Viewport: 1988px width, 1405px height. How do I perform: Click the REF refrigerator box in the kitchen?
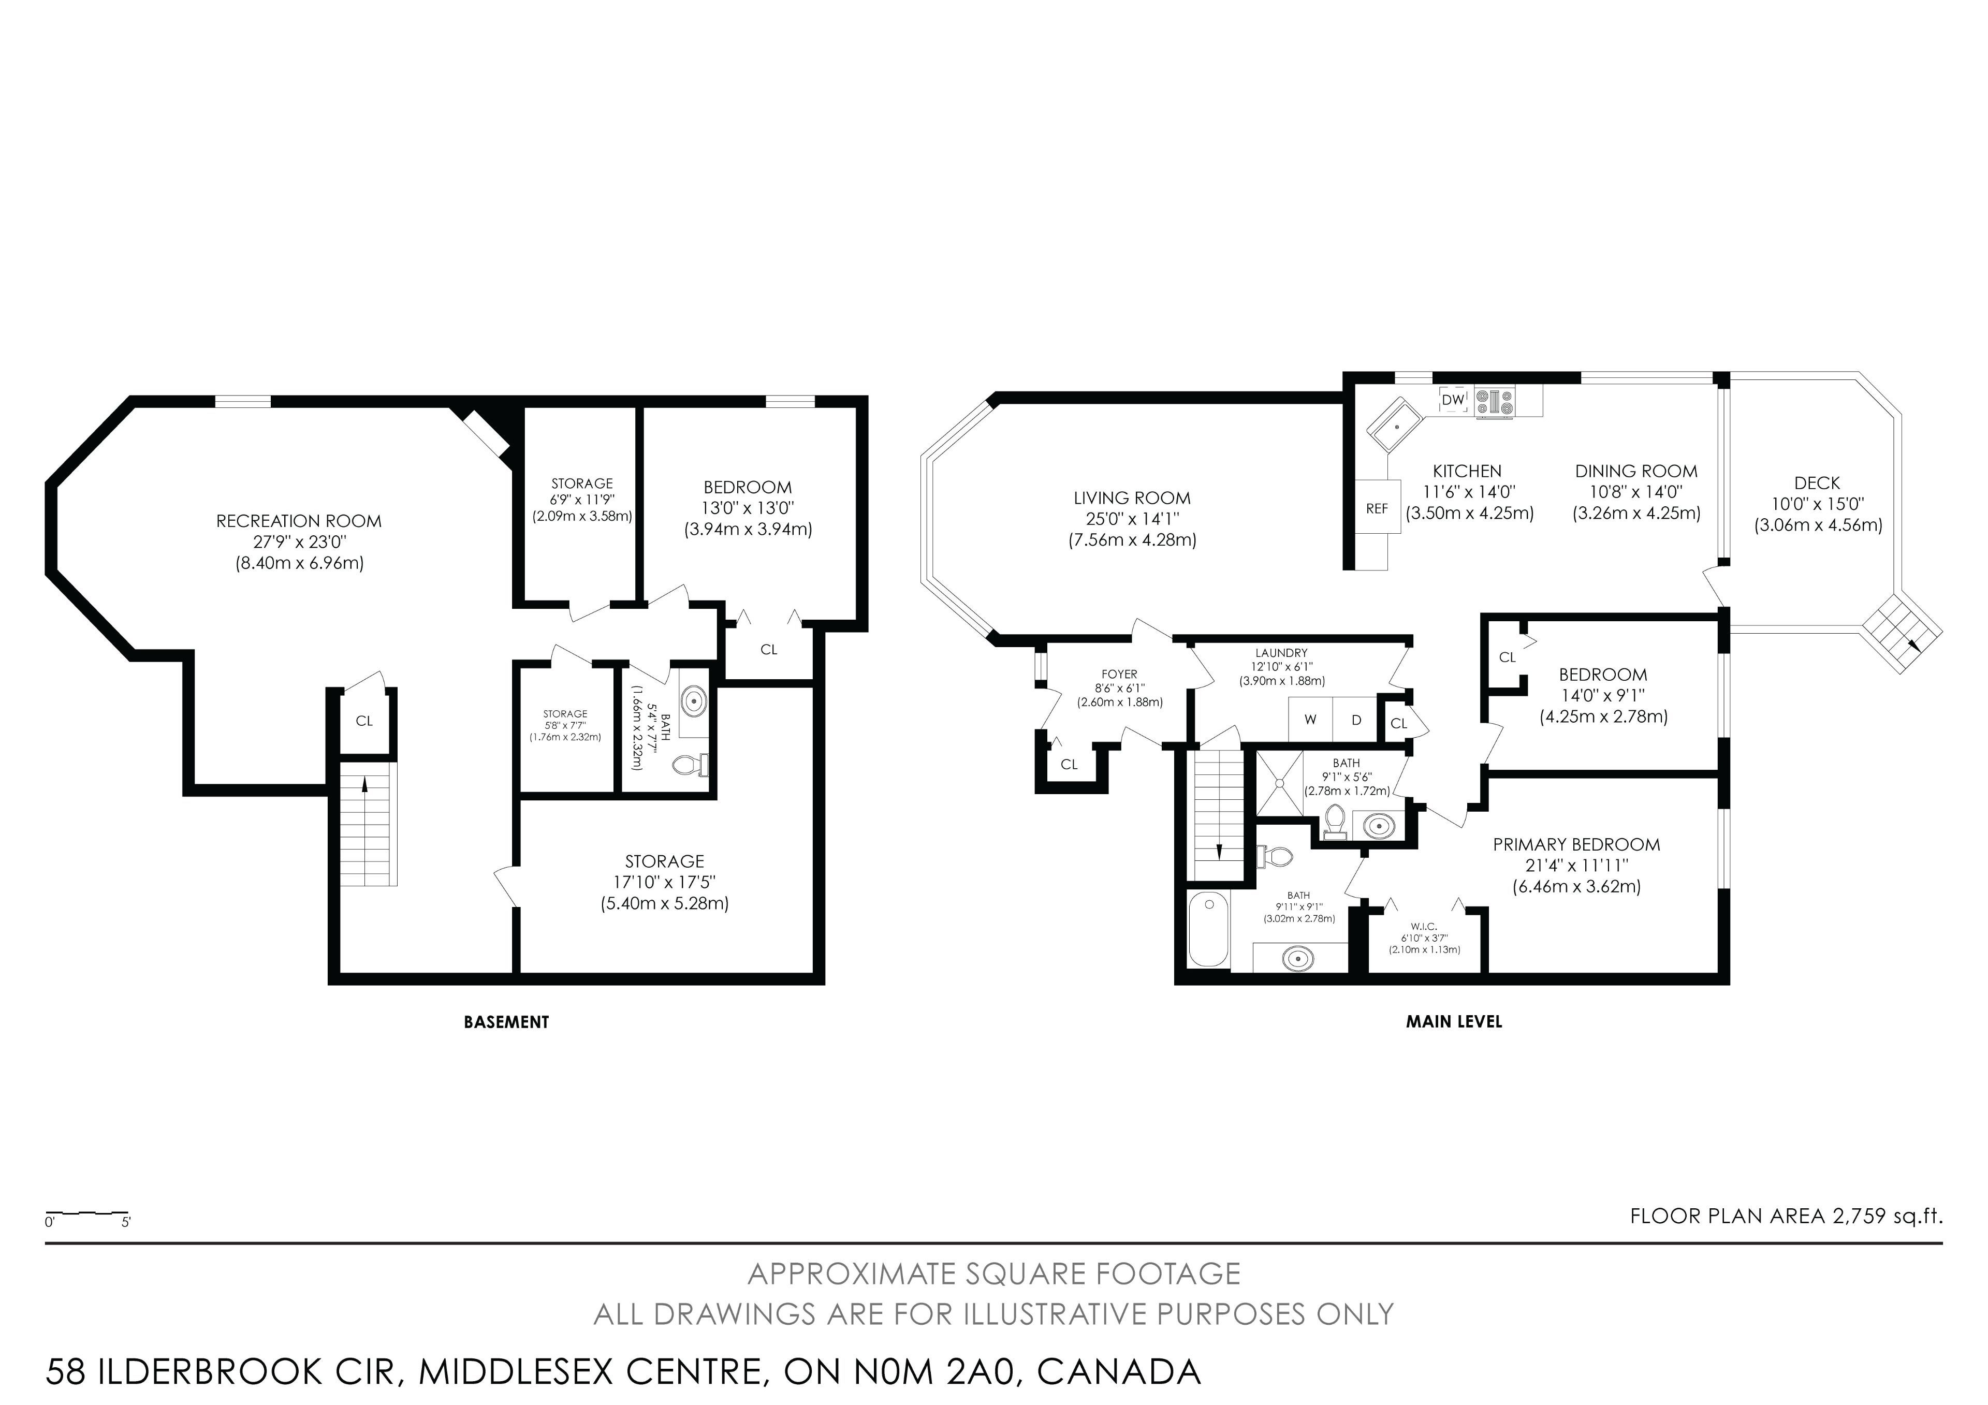click(x=1377, y=509)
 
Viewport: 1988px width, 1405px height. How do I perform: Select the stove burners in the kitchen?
click(x=1495, y=402)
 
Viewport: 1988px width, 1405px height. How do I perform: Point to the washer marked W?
click(x=1310, y=720)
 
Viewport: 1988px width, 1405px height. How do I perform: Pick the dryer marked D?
click(x=1356, y=720)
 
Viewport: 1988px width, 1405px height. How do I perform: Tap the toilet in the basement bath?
click(x=691, y=765)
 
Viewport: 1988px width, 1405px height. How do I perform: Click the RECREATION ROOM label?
click(x=299, y=521)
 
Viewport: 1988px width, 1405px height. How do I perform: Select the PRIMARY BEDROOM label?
click(x=1577, y=844)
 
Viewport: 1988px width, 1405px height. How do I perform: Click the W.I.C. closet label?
click(x=1424, y=926)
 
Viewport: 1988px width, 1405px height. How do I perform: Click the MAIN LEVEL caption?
click(x=1454, y=1021)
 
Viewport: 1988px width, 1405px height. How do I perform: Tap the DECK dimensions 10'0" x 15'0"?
click(x=1818, y=504)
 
